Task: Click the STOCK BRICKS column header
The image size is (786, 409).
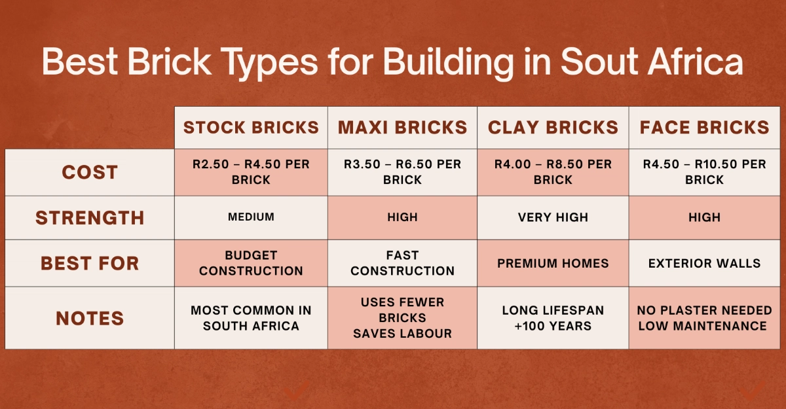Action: pos(251,127)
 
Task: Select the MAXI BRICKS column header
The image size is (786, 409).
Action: pos(402,127)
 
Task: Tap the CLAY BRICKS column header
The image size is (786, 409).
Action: pos(553,127)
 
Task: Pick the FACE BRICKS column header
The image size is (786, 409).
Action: pos(704,127)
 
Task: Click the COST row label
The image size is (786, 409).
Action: pos(90,172)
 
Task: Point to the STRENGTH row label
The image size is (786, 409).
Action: pos(90,217)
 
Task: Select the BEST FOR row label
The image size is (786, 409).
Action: pos(90,263)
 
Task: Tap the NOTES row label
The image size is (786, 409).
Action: pos(90,318)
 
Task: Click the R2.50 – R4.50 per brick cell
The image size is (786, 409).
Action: pos(251,171)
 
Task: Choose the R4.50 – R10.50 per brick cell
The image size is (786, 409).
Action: pos(704,171)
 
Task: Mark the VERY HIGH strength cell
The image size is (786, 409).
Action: pos(553,217)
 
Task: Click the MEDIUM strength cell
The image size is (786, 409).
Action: pos(251,217)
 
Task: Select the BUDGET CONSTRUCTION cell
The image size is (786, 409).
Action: pos(251,263)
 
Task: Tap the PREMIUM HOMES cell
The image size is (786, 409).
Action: pos(553,263)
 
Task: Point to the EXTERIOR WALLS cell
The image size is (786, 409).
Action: pos(704,263)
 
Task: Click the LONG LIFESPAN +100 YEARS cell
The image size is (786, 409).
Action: pos(553,318)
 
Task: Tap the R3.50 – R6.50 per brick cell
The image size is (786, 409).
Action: pos(402,171)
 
